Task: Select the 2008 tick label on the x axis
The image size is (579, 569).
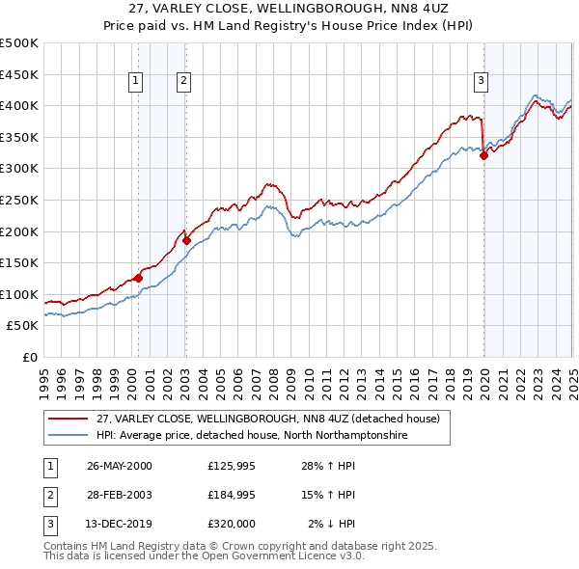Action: pyautogui.click(x=273, y=376)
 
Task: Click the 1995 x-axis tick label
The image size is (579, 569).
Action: pyautogui.click(x=44, y=376)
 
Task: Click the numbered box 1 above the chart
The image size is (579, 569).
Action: pyautogui.click(x=136, y=82)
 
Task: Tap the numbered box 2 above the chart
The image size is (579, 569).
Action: pyautogui.click(x=183, y=82)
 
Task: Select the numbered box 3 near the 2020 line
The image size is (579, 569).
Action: pyautogui.click(x=481, y=82)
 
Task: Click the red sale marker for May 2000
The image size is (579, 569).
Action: pyautogui.click(x=138, y=278)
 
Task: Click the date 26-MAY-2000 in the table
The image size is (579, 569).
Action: pyautogui.click(x=120, y=466)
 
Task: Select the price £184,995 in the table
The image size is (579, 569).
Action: pyautogui.click(x=233, y=495)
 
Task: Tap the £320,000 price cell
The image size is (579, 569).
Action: pyautogui.click(x=233, y=524)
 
